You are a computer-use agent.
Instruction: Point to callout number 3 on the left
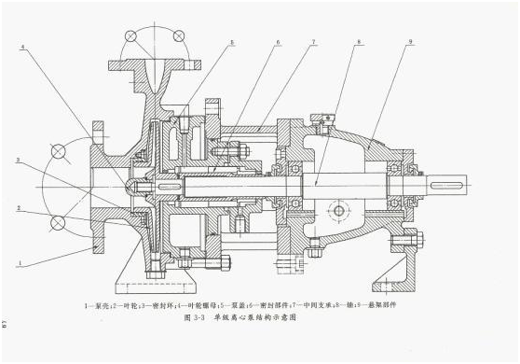[21, 161]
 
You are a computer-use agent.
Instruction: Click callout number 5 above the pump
[232, 43]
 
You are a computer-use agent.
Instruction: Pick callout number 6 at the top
[278, 43]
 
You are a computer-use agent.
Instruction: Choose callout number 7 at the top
[314, 43]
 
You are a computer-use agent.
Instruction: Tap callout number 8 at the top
[359, 43]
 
